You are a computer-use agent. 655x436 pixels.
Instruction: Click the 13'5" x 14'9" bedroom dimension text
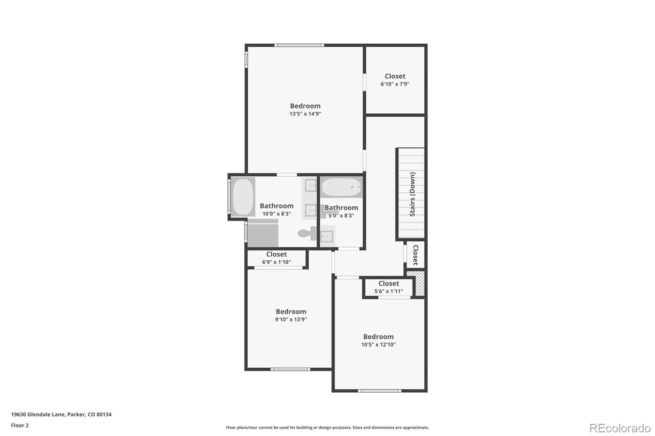click(305, 114)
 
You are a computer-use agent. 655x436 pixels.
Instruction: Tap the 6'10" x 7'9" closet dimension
click(395, 84)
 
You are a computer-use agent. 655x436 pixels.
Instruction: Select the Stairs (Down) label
click(412, 194)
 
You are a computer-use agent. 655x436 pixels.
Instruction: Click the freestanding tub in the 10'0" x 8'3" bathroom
click(243, 197)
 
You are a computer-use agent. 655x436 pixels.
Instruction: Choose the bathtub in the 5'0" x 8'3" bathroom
click(341, 187)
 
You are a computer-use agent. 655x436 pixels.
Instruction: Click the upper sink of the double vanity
click(311, 185)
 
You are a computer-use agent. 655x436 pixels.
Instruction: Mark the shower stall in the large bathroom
click(263, 234)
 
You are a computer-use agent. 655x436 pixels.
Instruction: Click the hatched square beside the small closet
click(416, 283)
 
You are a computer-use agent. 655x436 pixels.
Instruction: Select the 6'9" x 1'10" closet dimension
click(276, 262)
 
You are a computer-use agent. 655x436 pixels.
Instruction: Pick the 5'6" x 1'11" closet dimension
click(388, 291)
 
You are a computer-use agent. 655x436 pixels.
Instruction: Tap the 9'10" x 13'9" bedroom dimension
click(291, 319)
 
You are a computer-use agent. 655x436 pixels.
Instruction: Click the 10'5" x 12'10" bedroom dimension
click(378, 344)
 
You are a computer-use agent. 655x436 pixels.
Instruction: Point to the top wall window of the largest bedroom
click(299, 45)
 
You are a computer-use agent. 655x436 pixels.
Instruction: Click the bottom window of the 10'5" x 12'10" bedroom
click(379, 391)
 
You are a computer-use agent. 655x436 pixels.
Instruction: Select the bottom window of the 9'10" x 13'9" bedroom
click(290, 369)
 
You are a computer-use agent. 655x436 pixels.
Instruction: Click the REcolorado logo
click(620, 428)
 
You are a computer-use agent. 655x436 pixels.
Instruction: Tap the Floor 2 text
click(20, 425)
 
